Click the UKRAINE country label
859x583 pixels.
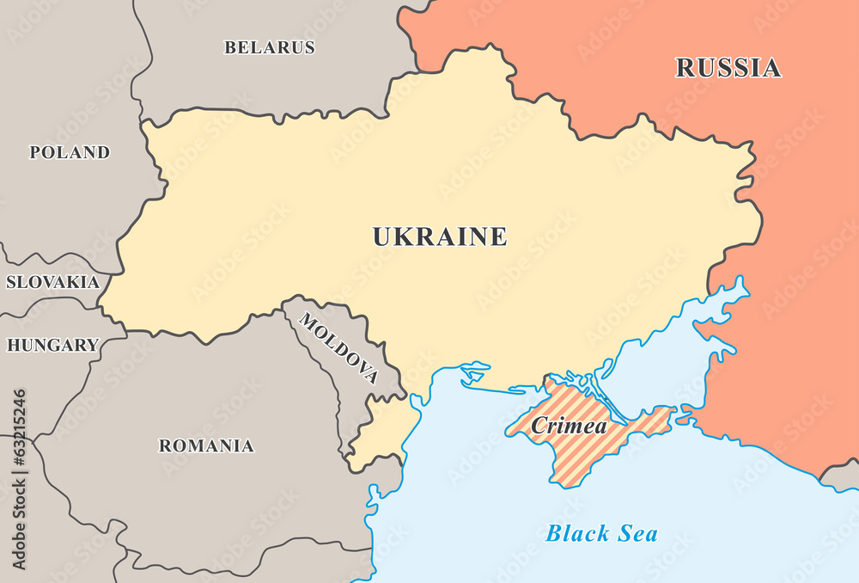439,236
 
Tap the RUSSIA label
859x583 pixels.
728,67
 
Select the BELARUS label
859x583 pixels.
269,47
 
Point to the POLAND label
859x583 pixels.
70,152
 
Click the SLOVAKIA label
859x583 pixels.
52,282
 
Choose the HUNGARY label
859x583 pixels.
52,345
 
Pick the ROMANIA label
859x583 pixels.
206,445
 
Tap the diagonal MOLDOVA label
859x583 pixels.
338,347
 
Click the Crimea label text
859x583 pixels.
569,425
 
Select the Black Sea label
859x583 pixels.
601,533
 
